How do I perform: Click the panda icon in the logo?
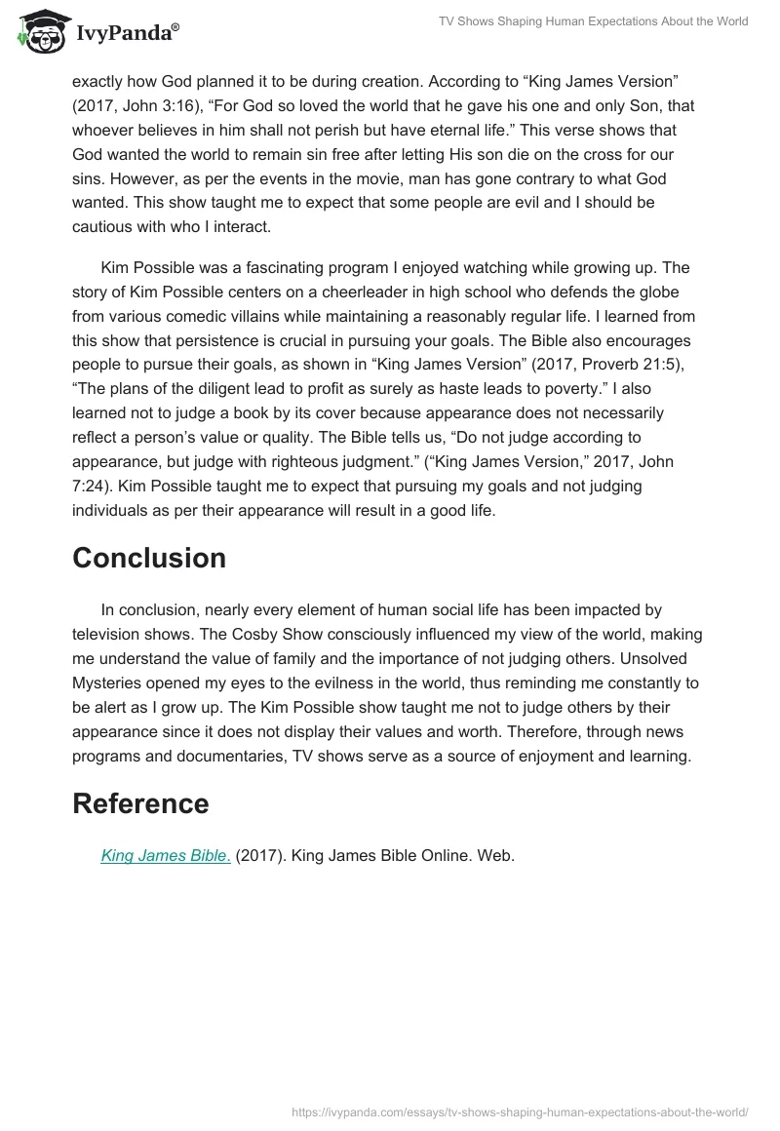pyautogui.click(x=36, y=32)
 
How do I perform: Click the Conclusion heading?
pyautogui.click(x=149, y=558)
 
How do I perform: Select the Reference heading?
pyautogui.click(x=140, y=803)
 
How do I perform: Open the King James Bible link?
pyautogui.click(x=166, y=856)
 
